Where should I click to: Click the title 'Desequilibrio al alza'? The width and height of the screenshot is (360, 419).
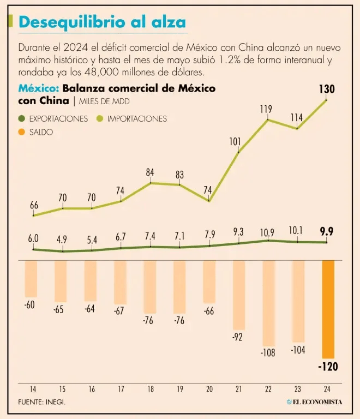[101, 22]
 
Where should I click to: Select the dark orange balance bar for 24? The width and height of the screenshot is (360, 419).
[328, 309]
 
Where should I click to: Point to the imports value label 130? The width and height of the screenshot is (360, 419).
[327, 89]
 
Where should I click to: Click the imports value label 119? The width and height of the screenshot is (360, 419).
[266, 110]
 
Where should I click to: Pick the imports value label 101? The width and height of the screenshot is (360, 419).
[235, 142]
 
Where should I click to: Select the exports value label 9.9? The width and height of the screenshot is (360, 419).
[327, 232]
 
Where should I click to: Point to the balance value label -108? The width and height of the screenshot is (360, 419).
[267, 352]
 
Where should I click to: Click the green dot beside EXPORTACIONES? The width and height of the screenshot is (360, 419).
[21, 118]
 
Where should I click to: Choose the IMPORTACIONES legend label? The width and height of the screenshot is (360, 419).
[137, 118]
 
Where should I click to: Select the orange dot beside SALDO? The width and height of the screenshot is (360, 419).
[21, 132]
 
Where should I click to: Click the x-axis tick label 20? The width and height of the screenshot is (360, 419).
[209, 390]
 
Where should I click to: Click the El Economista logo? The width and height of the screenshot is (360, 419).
[315, 402]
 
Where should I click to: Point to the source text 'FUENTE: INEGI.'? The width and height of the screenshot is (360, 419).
[45, 402]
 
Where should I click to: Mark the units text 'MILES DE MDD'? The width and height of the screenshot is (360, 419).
[104, 101]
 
